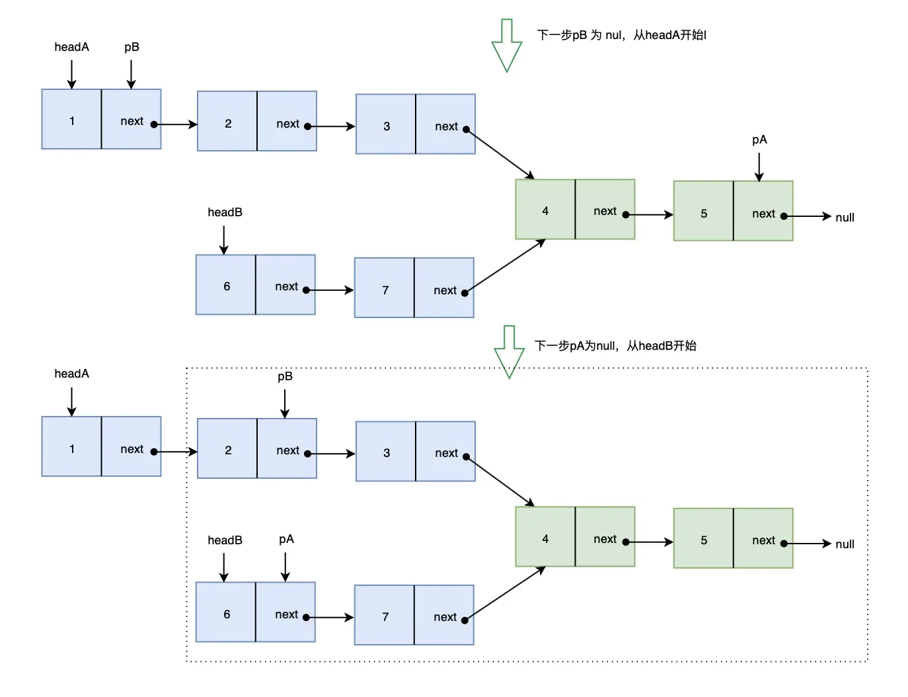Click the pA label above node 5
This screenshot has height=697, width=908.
pos(759,140)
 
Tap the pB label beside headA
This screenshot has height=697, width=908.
pos(132,47)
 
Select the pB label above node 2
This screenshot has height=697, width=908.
pos(285,376)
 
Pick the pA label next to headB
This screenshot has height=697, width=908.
pos(286,540)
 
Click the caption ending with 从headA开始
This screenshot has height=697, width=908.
pos(621,34)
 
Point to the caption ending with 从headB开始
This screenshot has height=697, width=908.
pos(615,346)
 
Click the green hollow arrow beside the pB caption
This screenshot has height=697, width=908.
pos(506,45)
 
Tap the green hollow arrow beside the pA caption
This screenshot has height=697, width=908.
pos(509,352)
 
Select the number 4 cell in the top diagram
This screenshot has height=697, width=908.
pos(545,210)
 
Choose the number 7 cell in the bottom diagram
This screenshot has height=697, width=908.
pos(385,615)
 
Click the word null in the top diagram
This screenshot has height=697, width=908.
pos(845,218)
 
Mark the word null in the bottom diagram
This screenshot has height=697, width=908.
pos(845,544)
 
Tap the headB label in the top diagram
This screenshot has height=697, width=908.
pos(225,212)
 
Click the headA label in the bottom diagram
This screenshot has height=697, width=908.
pos(71,374)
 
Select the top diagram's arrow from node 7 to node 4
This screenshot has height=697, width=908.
pos(505,266)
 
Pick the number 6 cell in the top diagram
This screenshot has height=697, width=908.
pos(226,285)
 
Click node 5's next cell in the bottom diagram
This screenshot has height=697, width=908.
pos(763,538)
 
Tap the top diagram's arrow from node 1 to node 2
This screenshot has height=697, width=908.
pos(176,124)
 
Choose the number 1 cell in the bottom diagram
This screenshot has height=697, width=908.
pos(71,446)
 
